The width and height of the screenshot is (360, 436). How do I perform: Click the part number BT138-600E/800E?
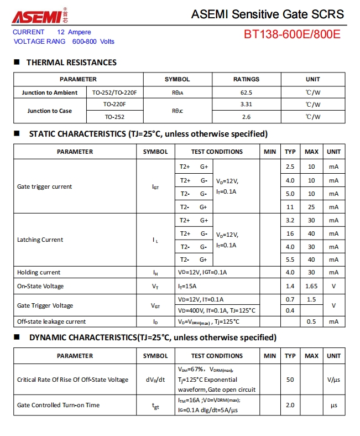click(x=292, y=34)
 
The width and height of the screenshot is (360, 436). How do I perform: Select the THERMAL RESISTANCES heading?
click(x=71, y=63)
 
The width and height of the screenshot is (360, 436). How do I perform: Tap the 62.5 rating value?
click(x=246, y=92)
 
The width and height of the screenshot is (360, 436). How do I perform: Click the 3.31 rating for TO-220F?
click(x=246, y=104)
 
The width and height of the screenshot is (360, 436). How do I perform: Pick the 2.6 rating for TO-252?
click(x=246, y=117)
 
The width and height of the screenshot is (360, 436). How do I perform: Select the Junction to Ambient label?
click(x=50, y=92)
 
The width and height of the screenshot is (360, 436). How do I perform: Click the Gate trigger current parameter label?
click(x=44, y=186)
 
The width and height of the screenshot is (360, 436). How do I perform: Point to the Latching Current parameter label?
click(x=40, y=240)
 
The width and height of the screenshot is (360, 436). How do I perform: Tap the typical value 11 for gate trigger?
click(x=290, y=206)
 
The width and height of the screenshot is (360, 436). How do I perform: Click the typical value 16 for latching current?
click(x=290, y=233)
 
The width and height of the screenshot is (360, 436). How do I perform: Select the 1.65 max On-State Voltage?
click(x=311, y=286)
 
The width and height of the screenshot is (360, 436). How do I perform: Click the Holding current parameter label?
click(x=39, y=272)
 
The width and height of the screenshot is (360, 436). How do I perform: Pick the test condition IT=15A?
click(x=188, y=286)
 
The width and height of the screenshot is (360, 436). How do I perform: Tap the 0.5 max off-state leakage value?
click(x=311, y=321)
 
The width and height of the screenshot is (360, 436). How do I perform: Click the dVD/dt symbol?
click(x=155, y=380)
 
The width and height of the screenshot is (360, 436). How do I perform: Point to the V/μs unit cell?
click(x=333, y=380)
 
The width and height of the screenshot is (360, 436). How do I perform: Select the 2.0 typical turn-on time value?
click(x=290, y=405)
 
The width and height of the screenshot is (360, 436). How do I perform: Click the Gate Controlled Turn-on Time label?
click(x=58, y=405)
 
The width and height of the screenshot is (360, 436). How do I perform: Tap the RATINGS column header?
click(x=246, y=79)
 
